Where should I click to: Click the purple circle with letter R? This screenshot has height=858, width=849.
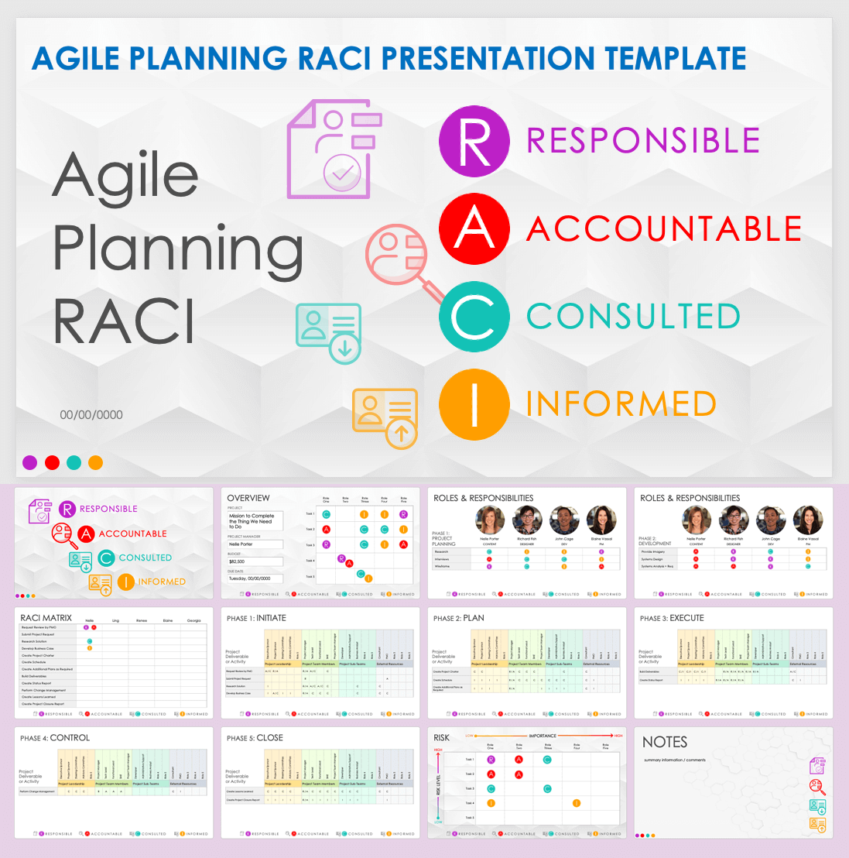click(x=474, y=141)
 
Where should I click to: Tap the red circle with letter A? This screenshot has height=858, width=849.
click(x=474, y=229)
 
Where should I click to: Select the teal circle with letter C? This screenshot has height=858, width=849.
click(x=474, y=317)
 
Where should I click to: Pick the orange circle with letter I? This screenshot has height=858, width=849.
click(x=474, y=404)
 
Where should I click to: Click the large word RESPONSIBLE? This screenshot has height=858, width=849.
click(x=643, y=141)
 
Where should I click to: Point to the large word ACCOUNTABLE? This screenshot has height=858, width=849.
click(x=664, y=229)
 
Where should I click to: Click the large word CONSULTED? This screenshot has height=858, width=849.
click(x=633, y=317)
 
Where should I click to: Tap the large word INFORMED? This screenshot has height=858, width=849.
click(x=621, y=404)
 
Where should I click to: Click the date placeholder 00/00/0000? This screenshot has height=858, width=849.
click(x=91, y=415)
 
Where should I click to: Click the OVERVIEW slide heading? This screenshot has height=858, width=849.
click(x=248, y=498)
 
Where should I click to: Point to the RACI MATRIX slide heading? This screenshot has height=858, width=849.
click(x=46, y=618)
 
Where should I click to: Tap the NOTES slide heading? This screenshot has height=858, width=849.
click(x=664, y=742)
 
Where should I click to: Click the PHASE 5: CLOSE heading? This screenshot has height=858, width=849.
click(x=255, y=738)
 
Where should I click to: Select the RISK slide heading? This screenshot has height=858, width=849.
click(x=441, y=738)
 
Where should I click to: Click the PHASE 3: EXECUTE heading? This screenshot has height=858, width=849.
click(x=672, y=618)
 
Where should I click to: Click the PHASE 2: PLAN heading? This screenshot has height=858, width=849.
click(x=458, y=618)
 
